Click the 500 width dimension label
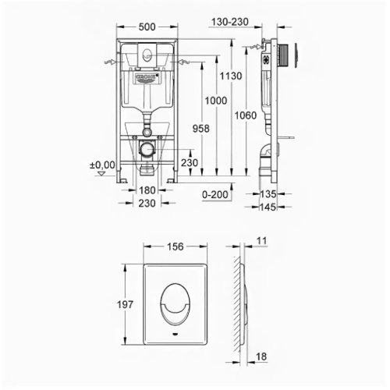coord(146,25)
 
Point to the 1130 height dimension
coord(232,76)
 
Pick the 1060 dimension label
coord(246,115)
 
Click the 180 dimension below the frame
coord(147,190)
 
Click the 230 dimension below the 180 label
coord(147,203)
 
